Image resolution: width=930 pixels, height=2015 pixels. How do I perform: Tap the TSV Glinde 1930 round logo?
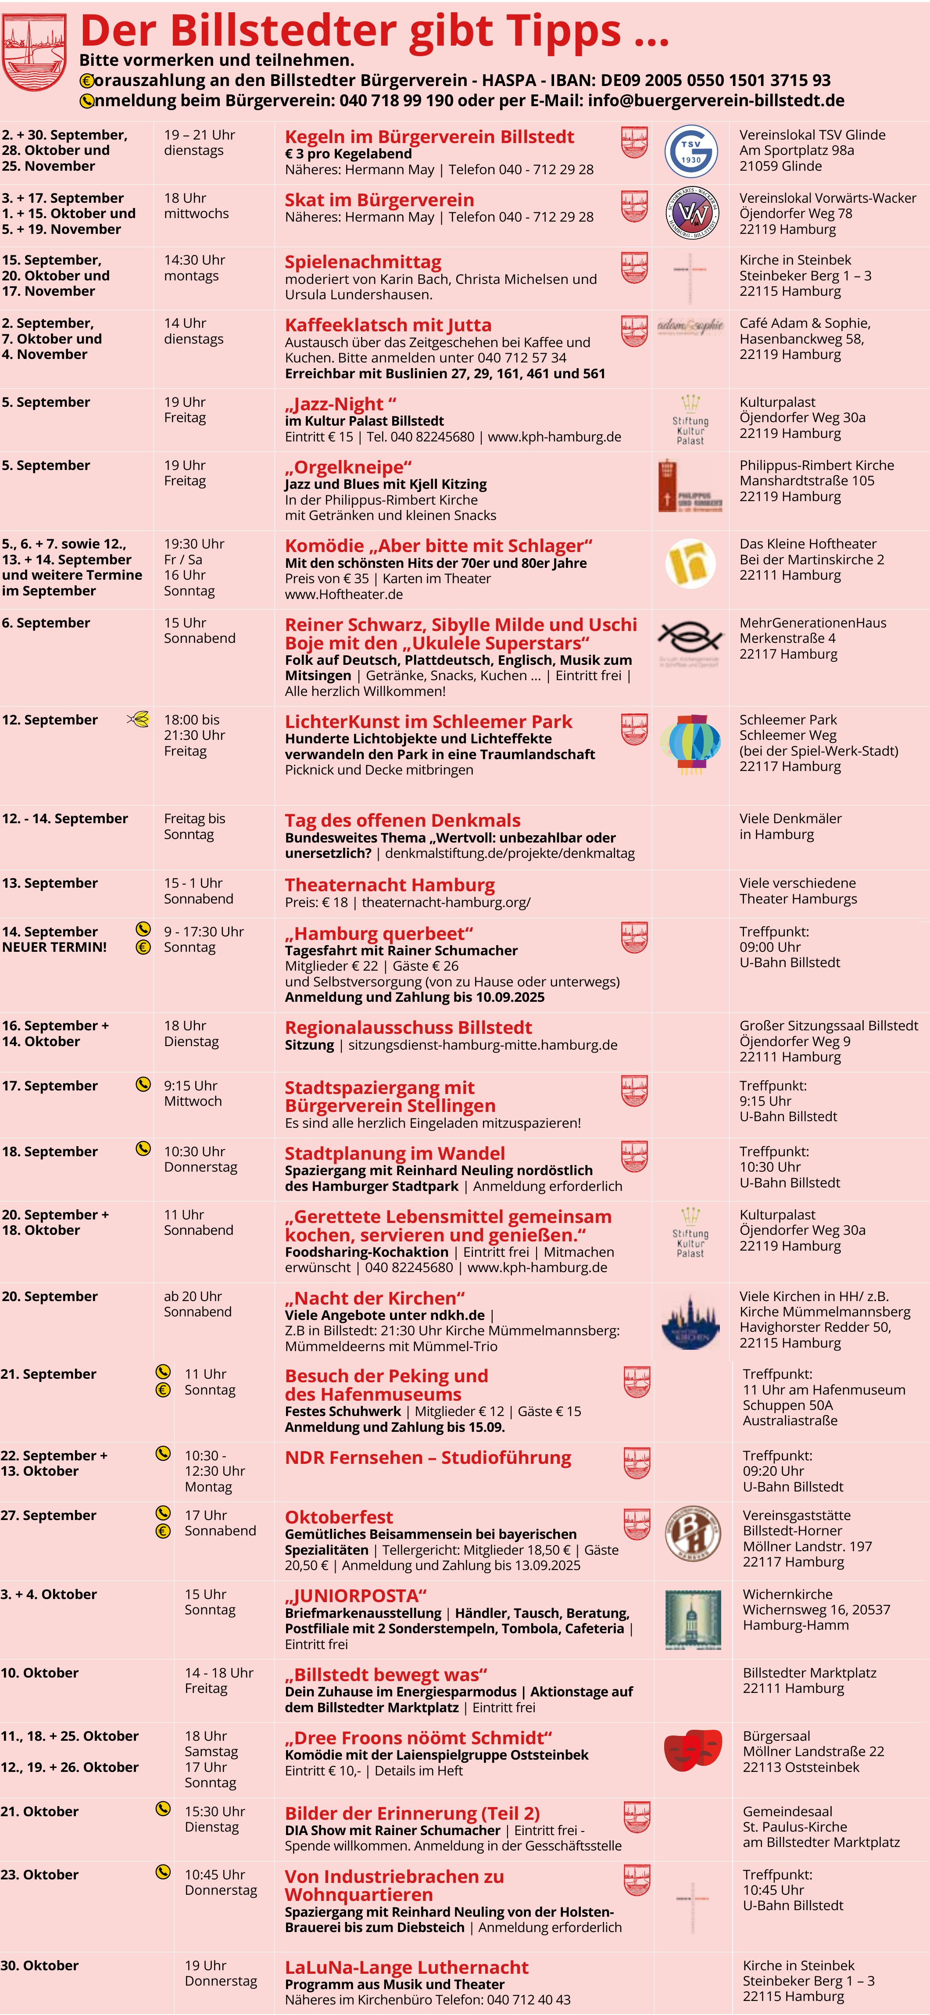(690, 150)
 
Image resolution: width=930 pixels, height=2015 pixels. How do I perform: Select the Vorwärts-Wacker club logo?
(690, 213)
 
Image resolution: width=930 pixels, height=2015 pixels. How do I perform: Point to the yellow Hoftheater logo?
(690, 563)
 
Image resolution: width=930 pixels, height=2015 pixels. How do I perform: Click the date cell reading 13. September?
(50, 883)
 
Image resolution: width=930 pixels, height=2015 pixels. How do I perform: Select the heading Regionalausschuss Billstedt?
(408, 1027)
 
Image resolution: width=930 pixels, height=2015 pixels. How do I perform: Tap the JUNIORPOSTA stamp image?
(692, 1620)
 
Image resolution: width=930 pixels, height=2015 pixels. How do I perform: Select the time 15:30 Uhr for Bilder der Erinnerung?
(215, 1812)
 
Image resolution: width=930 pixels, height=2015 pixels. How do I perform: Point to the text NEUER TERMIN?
(55, 947)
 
